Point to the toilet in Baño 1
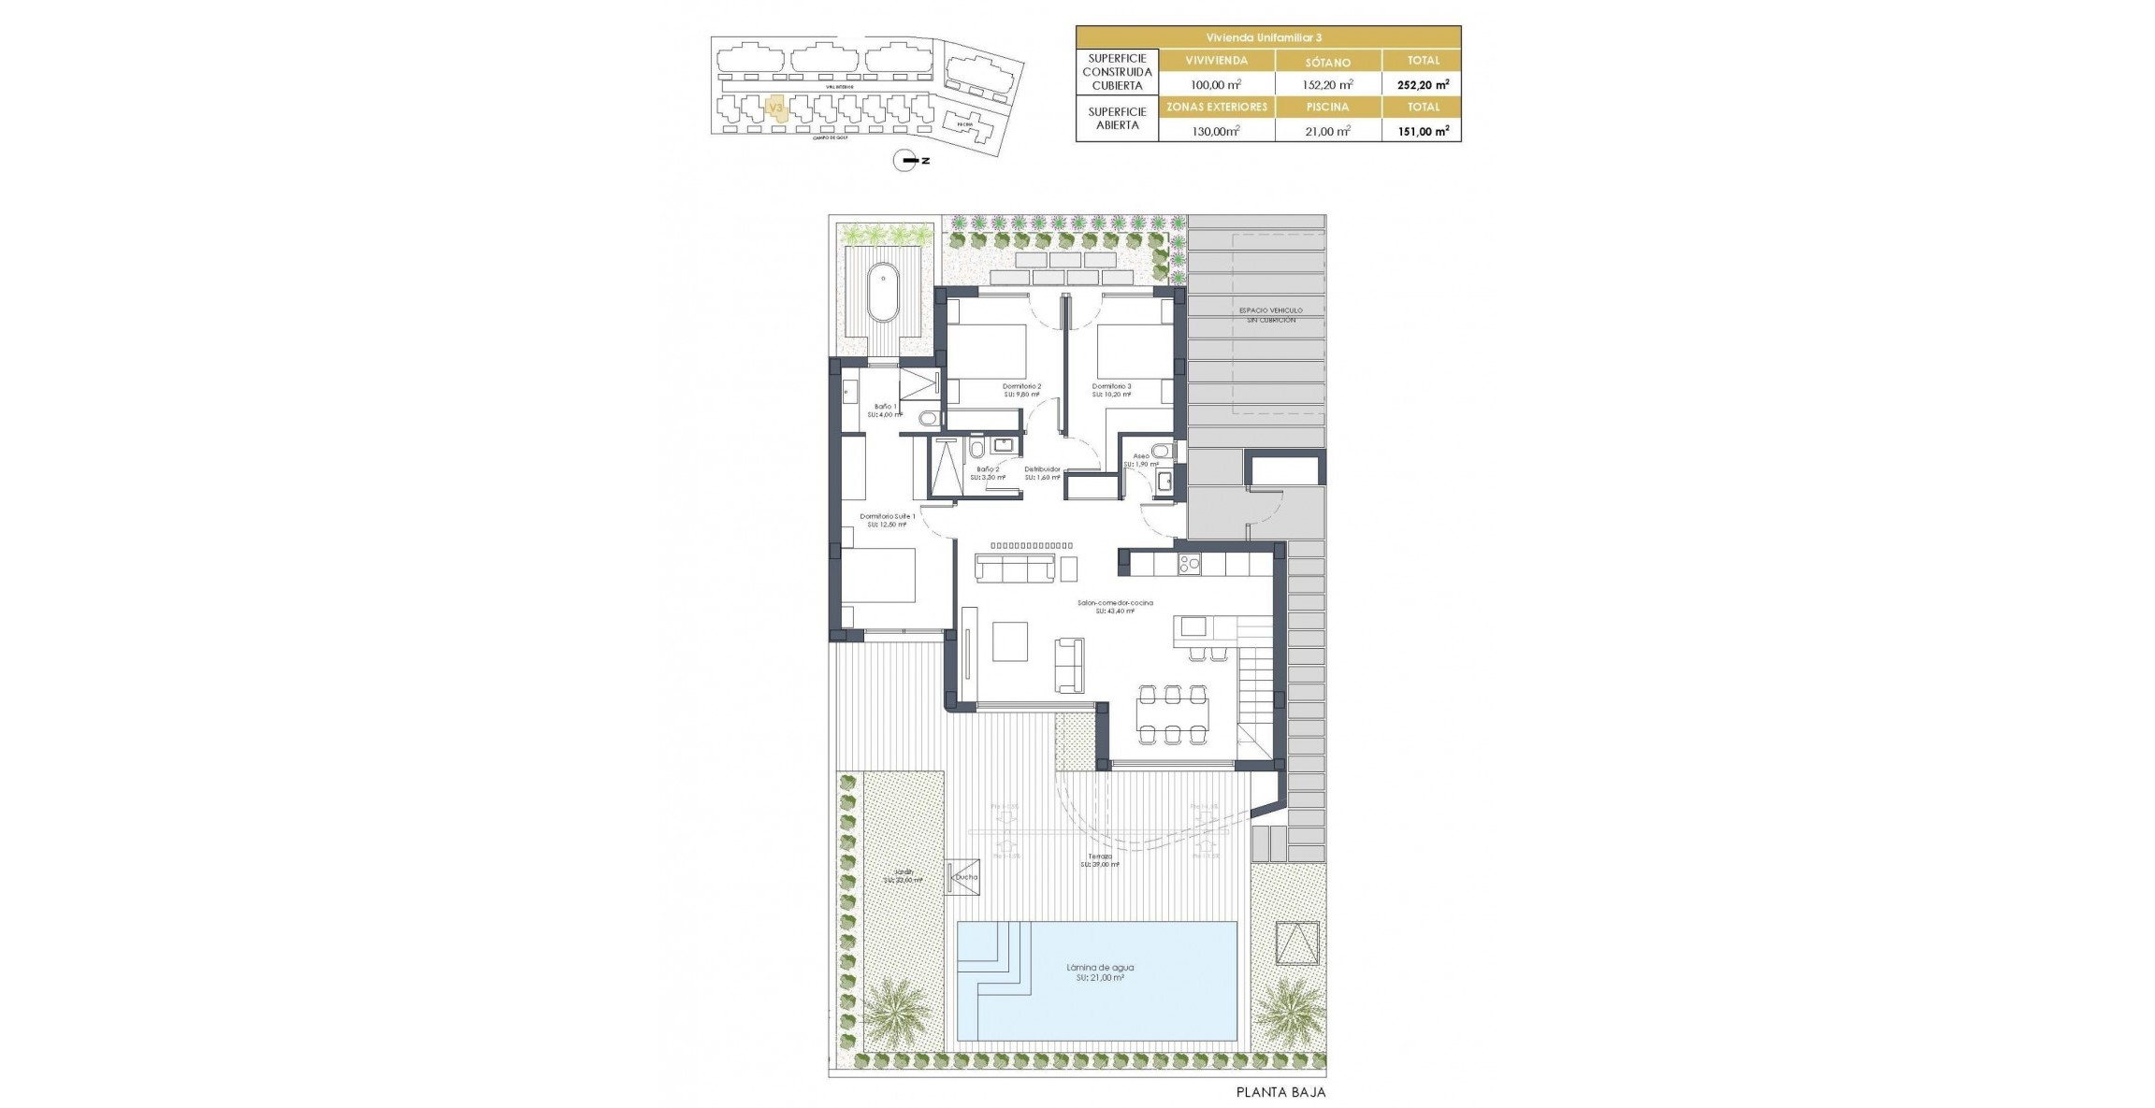(270, 418)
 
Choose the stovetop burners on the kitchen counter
(1189, 564)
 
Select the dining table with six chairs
(1172, 715)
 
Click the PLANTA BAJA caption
(1280, 1091)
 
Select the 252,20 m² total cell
(1423, 84)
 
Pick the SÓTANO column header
(1327, 62)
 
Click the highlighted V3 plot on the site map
(775, 108)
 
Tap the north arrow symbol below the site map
(907, 161)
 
